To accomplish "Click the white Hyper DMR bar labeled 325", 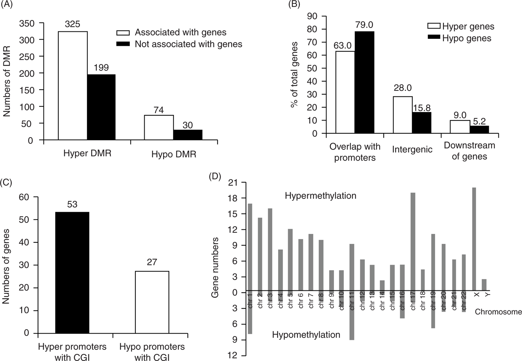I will pos(73,86).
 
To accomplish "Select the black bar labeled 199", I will pos(101,107).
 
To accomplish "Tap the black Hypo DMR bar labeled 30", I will pos(187,135).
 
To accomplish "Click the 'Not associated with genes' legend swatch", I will pos(123,44).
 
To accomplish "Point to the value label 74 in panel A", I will pos(159,110).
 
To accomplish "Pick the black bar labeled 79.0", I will pos(364,82).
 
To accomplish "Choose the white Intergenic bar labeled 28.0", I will pos(402,115).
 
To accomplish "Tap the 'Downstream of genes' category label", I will pos(469,151).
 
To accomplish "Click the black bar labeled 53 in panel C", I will pos(72,273).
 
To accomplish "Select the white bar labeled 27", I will pos(152,302).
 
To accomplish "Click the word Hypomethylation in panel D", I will pos(306,335).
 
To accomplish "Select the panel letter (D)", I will pos(215,176).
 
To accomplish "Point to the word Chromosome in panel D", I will pos(498,312).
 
